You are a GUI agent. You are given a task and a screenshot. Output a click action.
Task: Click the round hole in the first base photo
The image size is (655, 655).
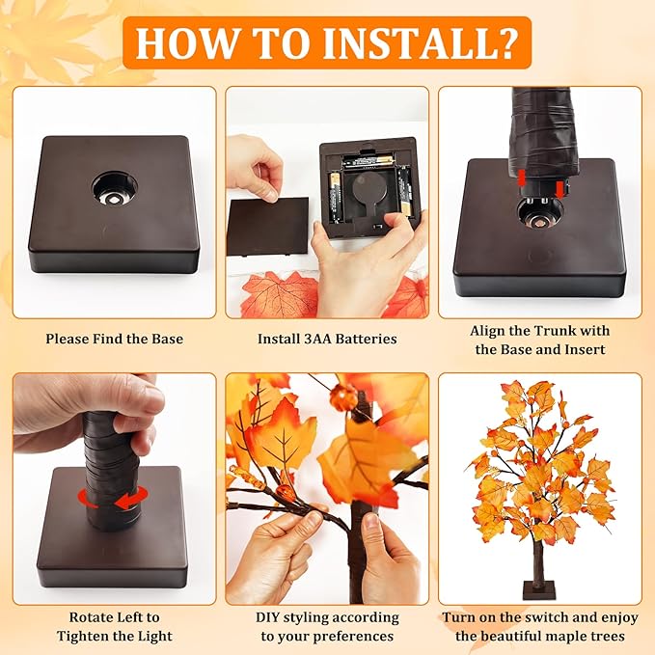click(115, 189)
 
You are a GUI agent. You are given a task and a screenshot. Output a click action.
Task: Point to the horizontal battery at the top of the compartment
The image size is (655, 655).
click(368, 161)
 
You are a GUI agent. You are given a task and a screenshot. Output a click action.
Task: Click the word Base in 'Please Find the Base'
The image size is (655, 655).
click(165, 339)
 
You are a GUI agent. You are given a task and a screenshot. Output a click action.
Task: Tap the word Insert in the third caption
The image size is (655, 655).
click(585, 349)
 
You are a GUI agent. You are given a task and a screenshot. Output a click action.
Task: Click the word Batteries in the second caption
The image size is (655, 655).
click(366, 339)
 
